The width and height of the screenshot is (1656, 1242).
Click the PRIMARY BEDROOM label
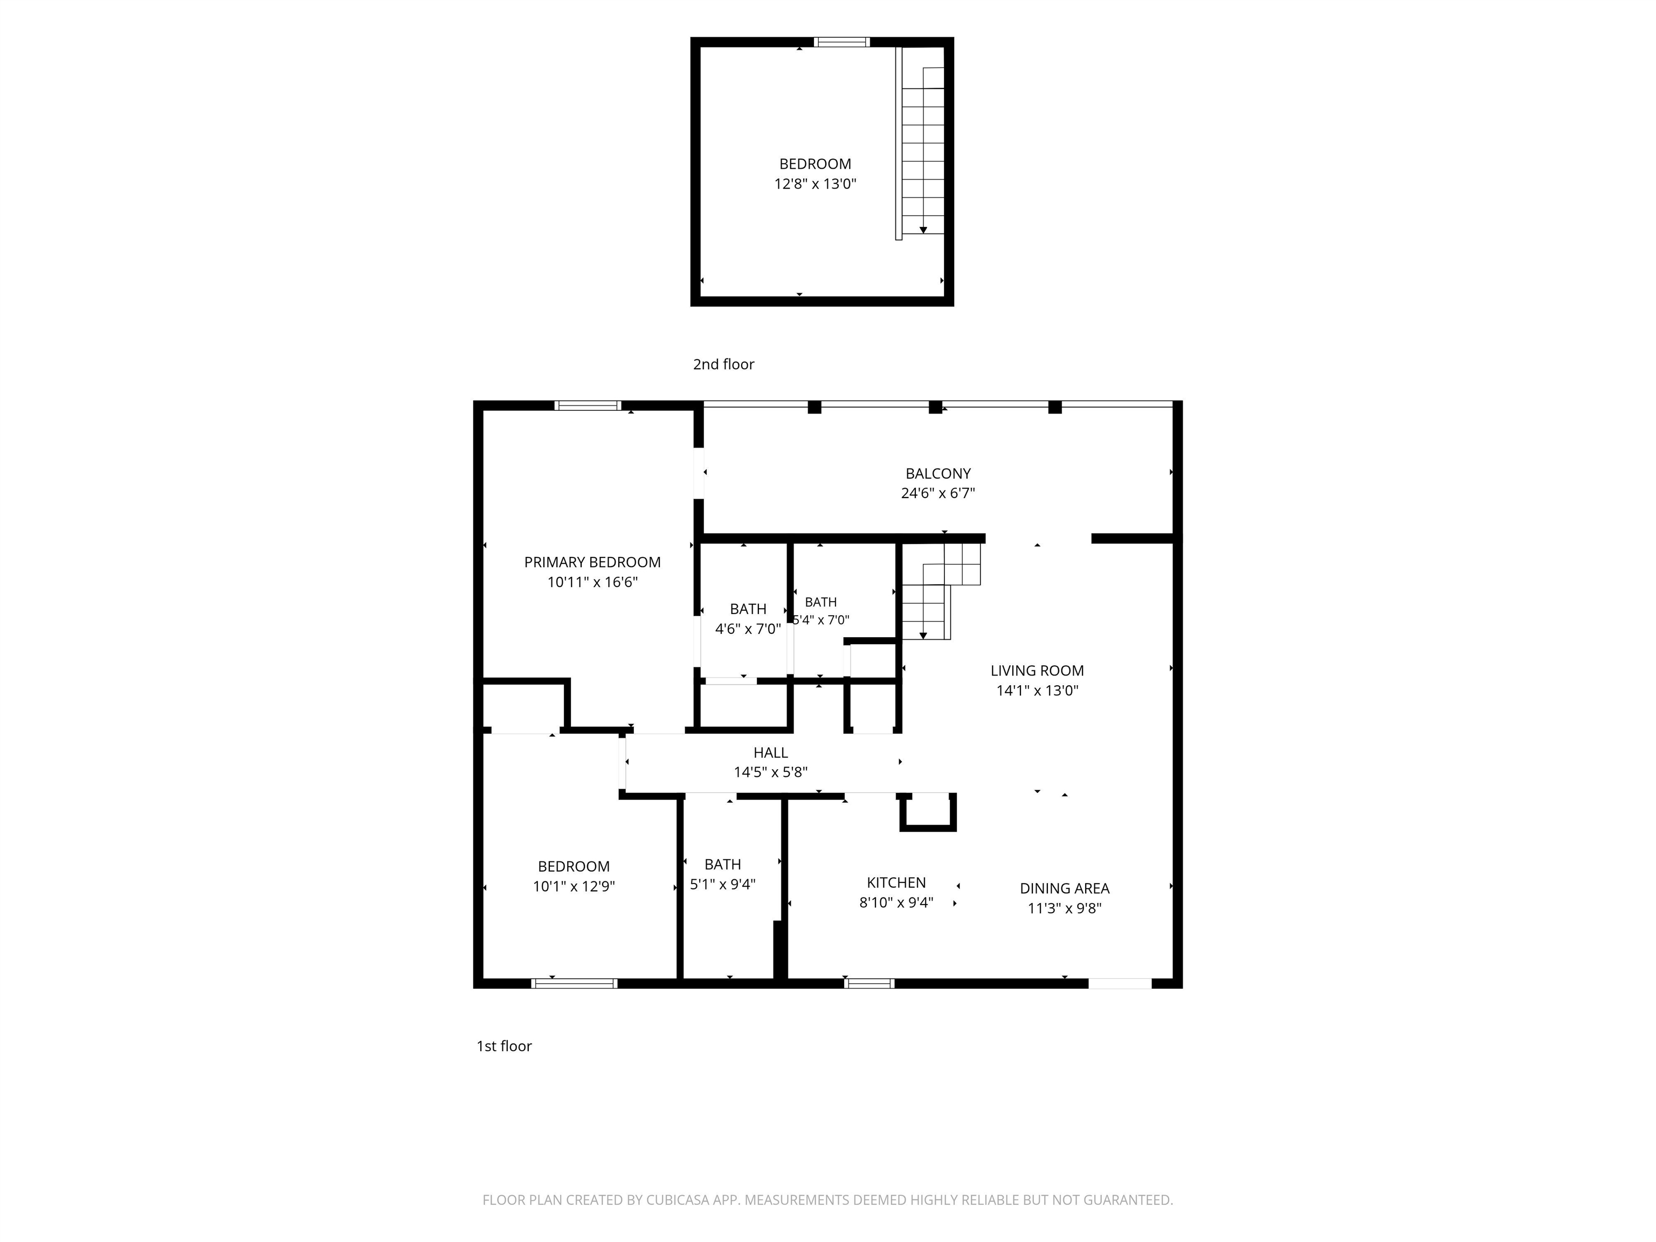[x=592, y=562]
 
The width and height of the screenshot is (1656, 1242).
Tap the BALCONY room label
[x=938, y=474]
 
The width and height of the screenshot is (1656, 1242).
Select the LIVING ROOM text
[x=1037, y=671]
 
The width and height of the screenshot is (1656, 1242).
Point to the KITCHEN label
[x=896, y=882]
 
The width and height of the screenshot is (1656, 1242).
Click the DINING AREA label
[x=1065, y=888]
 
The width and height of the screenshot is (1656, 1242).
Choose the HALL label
[x=770, y=753]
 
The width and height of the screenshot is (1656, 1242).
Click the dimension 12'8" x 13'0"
[x=815, y=183]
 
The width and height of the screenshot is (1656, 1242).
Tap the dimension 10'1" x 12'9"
[x=574, y=886]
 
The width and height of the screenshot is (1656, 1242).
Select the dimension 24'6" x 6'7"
[x=938, y=493]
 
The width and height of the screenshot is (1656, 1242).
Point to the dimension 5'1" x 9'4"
[x=722, y=884]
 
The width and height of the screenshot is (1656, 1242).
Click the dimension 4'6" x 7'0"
[x=748, y=629]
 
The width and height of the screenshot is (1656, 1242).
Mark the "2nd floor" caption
[x=723, y=364]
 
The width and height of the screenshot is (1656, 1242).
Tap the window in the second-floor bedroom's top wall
[x=841, y=42]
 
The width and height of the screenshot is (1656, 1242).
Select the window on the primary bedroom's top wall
[x=588, y=406]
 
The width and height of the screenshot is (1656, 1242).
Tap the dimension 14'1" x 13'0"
[x=1037, y=690]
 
